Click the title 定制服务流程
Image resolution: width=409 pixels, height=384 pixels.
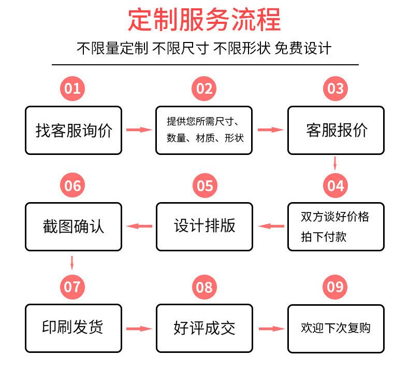pyautogui.click(x=204, y=20)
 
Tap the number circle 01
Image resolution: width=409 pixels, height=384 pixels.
pyautogui.click(x=73, y=89)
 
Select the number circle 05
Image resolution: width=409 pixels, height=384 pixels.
pyautogui.click(x=204, y=186)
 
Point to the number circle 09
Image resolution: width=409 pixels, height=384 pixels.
pyautogui.click(x=335, y=287)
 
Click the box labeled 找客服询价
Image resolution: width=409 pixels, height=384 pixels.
pyautogui.click(x=74, y=131)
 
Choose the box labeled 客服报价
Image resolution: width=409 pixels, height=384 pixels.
pyautogui.click(x=336, y=131)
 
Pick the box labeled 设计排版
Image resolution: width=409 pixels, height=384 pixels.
pyautogui.click(x=204, y=226)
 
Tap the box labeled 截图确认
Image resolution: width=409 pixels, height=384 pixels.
pyautogui.click(x=74, y=226)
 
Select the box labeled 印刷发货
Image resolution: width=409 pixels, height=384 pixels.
pyautogui.click(x=74, y=328)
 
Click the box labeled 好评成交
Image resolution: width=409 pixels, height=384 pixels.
pyautogui.click(x=204, y=328)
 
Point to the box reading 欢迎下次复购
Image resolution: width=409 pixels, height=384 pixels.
pyautogui.click(x=336, y=328)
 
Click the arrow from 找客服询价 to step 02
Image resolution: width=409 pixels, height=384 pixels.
pyautogui.click(x=139, y=130)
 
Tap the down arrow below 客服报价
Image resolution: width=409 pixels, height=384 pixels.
pyautogui.click(x=335, y=163)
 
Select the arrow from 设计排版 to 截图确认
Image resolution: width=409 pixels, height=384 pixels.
pyautogui.click(x=139, y=226)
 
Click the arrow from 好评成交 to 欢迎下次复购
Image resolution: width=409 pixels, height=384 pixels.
pyautogui.click(x=271, y=329)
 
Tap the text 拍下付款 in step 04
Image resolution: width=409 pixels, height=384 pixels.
pyautogui.click(x=324, y=237)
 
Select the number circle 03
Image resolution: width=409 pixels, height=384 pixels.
pyautogui.click(x=335, y=89)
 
